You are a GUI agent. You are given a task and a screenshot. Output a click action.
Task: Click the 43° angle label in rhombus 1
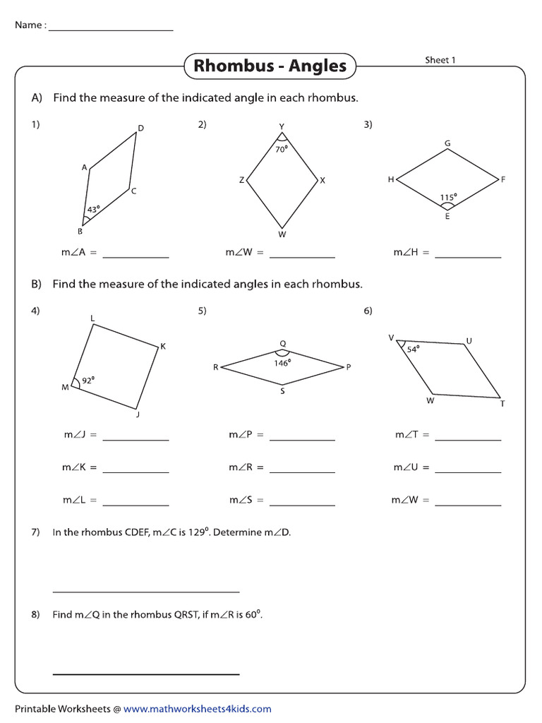tap(93, 209)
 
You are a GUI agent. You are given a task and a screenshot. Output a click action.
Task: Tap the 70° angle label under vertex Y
tap(282, 149)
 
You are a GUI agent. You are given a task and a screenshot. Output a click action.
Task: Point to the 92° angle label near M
tap(88, 380)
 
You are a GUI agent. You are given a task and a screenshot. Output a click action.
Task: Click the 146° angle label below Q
tap(282, 363)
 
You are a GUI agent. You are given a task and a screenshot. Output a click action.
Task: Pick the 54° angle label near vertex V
tap(413, 348)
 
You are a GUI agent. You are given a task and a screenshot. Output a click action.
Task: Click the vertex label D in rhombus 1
tap(140, 128)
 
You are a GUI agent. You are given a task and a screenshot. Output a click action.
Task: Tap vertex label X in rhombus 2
tap(323, 181)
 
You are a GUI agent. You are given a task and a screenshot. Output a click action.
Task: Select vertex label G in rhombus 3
tap(447, 143)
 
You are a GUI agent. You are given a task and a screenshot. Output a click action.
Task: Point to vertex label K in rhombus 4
tap(162, 346)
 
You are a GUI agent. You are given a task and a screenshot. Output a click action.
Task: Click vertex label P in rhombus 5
tap(348, 367)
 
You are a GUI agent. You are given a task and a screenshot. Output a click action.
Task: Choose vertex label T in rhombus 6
tap(502, 403)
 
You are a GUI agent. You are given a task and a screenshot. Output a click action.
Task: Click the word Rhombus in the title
tap(234, 66)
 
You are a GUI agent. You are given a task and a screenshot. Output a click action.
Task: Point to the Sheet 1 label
tap(440, 60)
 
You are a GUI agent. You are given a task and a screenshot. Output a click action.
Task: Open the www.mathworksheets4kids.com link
tap(197, 709)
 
